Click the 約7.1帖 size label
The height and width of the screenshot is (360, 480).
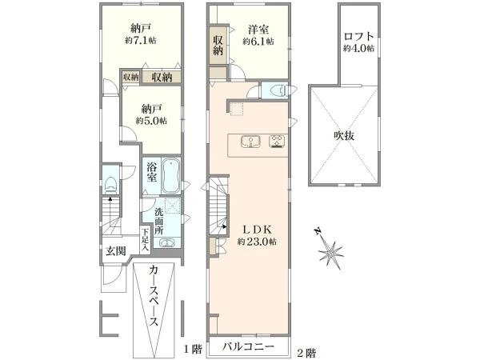click(141, 41)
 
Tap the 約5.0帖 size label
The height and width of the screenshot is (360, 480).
click(151, 121)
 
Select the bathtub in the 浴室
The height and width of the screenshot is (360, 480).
click(171, 176)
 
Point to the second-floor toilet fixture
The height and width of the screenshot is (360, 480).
click(278, 90)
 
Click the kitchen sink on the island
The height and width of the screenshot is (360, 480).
click(250, 142)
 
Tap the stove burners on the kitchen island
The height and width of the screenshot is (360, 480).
click(277, 142)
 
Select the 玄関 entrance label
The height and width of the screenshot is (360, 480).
click(116, 251)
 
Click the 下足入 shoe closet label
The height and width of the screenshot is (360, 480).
click(146, 240)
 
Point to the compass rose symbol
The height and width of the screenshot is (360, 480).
click(329, 250)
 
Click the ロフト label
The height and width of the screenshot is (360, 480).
click(358, 37)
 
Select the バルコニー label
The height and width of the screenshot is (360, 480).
click(248, 347)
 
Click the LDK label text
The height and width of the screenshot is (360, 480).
click(257, 229)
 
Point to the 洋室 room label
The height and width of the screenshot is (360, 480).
click(258, 30)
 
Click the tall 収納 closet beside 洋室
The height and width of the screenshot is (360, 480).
click(218, 46)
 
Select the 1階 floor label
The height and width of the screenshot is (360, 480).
click(193, 349)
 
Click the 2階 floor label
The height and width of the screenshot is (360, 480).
click(306, 354)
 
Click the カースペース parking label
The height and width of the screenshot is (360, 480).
click(154, 296)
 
